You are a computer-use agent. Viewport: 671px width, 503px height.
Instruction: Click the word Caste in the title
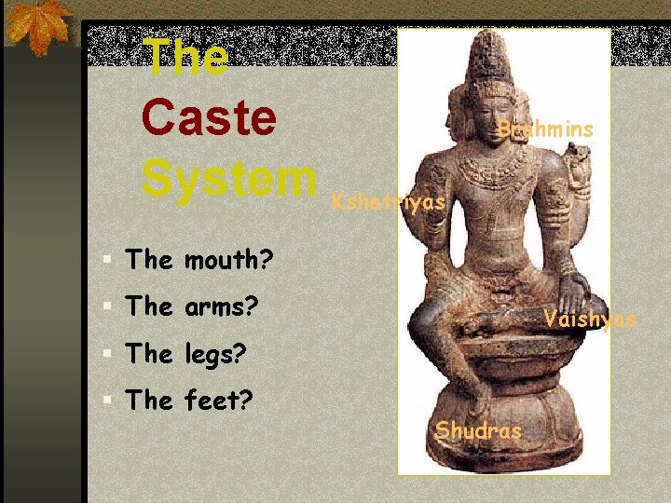click(209, 118)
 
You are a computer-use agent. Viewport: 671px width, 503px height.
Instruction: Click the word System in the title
click(229, 176)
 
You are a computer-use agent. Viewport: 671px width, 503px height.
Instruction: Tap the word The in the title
click(186, 58)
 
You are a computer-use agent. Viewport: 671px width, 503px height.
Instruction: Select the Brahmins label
click(545, 129)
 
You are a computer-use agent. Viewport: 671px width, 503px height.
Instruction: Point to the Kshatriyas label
click(390, 201)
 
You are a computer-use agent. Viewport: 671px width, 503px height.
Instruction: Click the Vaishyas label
click(590, 319)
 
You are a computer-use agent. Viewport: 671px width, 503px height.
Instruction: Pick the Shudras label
click(478, 430)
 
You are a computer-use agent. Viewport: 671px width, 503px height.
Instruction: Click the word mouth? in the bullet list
click(227, 260)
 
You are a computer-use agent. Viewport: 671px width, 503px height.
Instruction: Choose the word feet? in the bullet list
click(220, 401)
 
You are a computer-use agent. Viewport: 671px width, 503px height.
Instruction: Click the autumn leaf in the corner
click(37, 25)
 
